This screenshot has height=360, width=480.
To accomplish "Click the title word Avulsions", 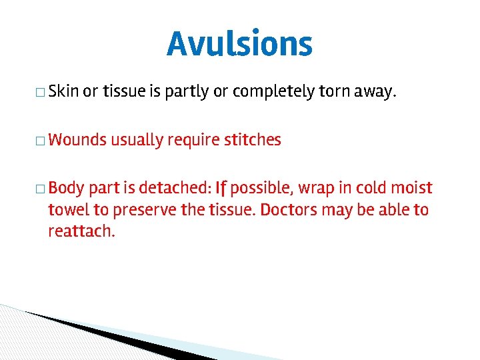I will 239,45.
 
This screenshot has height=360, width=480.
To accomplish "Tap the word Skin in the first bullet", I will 64,91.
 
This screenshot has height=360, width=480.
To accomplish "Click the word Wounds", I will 77,140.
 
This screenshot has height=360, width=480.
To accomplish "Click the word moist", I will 411,188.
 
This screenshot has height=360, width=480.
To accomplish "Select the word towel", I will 69,210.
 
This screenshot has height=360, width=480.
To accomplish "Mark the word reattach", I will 81,232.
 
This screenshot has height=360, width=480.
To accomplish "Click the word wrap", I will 311,189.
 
